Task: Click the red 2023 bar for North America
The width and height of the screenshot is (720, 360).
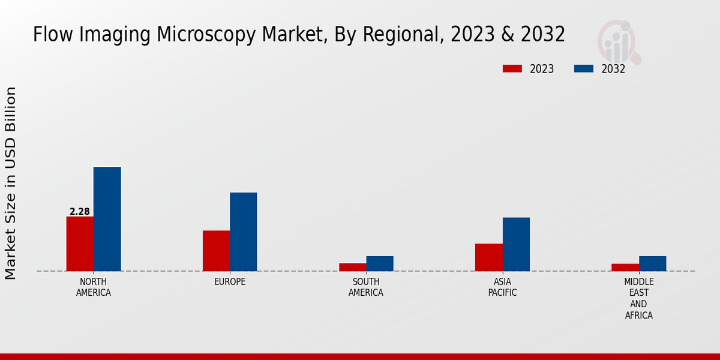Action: [80, 244]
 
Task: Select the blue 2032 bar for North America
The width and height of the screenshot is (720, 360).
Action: [107, 219]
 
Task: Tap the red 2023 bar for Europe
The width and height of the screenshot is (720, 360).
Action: [216, 251]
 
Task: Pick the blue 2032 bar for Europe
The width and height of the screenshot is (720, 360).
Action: [244, 232]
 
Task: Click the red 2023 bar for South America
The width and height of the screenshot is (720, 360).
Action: [352, 267]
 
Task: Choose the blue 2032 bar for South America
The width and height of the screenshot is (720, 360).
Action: [380, 263]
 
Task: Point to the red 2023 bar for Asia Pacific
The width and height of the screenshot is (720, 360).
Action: [488, 257]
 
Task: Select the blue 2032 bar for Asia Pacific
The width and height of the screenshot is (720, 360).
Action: [516, 244]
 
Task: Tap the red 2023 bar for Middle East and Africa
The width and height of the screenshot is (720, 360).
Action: [625, 268]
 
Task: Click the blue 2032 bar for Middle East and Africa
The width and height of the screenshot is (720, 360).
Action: [653, 263]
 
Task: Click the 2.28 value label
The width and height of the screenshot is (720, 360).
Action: [80, 212]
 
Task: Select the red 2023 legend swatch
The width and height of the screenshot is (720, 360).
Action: [512, 68]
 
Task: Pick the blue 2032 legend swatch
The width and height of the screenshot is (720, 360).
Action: [583, 68]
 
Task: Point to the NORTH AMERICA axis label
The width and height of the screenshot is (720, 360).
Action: [94, 287]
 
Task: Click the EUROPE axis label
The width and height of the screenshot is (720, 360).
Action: [230, 282]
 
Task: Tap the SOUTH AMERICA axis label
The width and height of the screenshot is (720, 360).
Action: [366, 287]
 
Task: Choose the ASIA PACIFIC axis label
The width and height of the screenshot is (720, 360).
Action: [502, 287]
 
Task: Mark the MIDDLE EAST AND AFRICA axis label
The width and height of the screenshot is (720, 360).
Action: [639, 298]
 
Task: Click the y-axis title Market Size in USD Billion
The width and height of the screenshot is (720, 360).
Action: [11, 183]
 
